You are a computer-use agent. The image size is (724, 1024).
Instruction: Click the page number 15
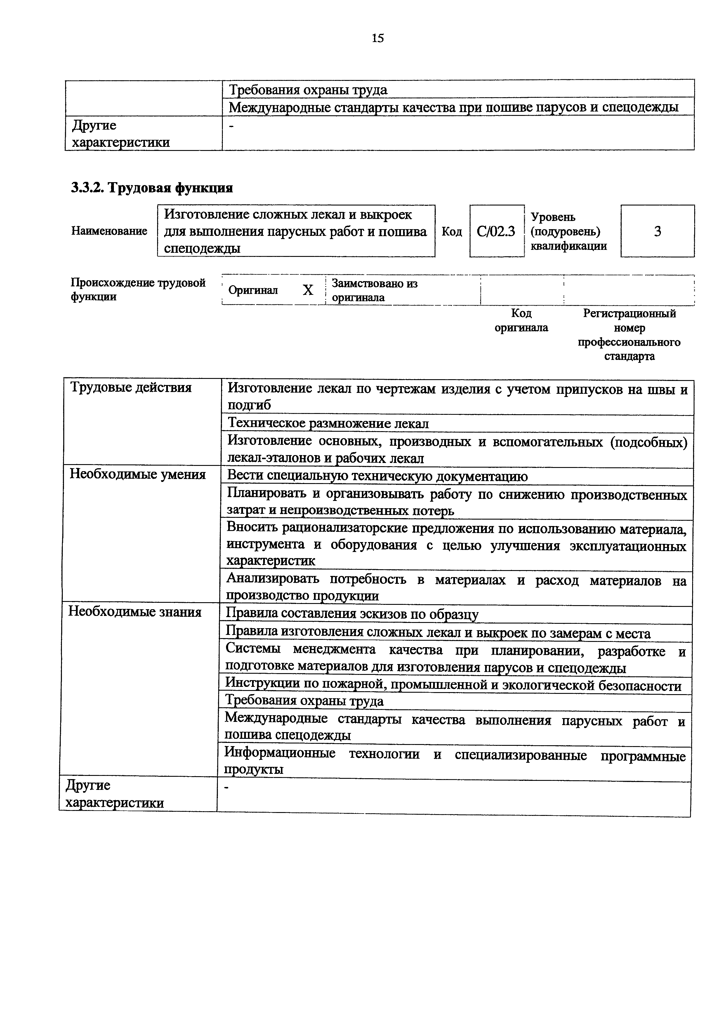[x=377, y=38]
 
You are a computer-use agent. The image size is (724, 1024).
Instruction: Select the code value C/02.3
[x=496, y=231]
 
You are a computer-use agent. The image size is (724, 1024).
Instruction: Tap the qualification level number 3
[x=657, y=231]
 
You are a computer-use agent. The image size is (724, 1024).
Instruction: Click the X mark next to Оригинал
[x=308, y=290]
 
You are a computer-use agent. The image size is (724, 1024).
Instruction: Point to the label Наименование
[x=109, y=231]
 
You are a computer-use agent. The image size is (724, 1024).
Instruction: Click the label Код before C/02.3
[x=452, y=231]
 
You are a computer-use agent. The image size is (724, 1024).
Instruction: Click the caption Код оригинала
[x=521, y=321]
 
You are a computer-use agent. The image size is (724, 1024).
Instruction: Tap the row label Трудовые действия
[x=131, y=388]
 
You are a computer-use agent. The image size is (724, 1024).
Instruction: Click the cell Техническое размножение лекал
[x=328, y=423]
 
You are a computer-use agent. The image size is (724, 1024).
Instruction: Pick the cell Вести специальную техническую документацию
[x=377, y=476]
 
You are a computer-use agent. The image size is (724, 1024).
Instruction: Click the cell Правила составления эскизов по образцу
[x=352, y=614]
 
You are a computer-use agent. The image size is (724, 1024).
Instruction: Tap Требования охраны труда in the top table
[x=308, y=90]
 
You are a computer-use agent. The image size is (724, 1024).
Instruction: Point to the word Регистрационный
[x=629, y=314]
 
